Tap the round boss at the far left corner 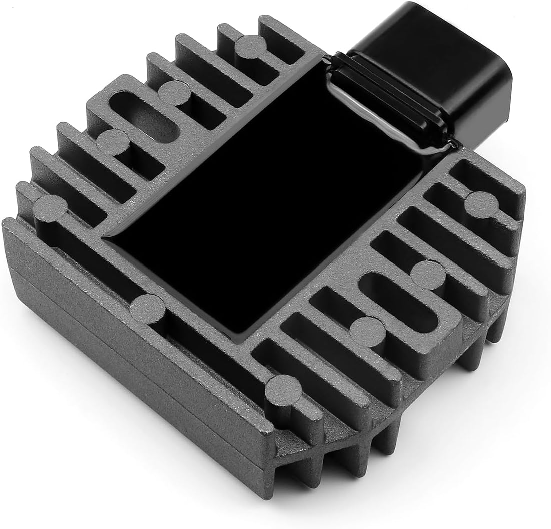50,208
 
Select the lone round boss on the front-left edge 147,308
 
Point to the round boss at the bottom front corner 283,390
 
